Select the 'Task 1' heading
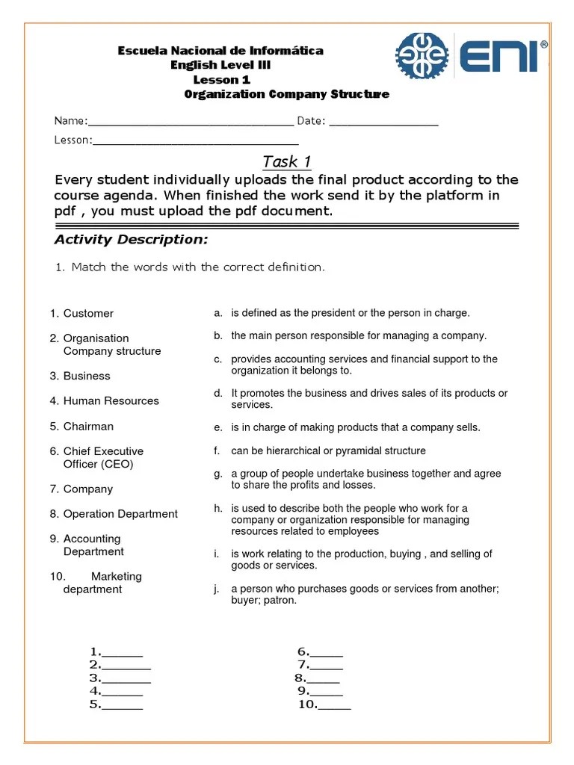286,162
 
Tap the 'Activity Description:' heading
131,240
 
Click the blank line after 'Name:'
191,123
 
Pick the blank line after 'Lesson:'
195,141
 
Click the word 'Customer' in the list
88,314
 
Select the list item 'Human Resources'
111,401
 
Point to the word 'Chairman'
88,427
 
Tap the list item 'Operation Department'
120,514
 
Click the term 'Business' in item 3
87,376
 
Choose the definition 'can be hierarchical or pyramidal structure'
328,451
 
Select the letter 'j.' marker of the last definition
216,589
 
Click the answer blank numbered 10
334,705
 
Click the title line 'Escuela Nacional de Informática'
220,51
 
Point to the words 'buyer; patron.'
264,601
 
